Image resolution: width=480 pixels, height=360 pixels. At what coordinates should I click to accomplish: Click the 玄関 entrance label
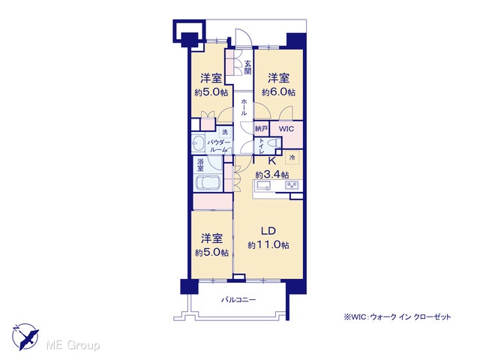point(248,67)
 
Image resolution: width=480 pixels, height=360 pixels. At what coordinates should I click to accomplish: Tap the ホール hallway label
point(244,107)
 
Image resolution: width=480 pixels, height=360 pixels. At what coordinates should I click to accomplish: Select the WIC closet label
point(286,129)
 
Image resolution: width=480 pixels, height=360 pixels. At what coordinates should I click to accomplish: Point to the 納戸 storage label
point(262,129)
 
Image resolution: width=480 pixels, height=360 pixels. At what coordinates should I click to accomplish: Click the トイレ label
point(262,146)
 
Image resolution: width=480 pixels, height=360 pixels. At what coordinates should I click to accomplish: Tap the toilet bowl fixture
point(274,143)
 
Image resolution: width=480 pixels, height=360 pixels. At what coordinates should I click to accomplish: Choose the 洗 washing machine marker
point(225,132)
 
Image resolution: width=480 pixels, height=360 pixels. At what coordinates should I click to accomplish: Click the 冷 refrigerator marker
point(292,158)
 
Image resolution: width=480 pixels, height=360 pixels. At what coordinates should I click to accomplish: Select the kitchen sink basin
point(263,185)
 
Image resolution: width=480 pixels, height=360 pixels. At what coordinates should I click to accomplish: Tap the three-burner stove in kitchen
point(292,185)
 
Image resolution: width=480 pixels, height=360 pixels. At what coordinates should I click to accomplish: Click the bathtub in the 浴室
point(208,183)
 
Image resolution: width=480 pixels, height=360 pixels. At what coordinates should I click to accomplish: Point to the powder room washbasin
point(197,143)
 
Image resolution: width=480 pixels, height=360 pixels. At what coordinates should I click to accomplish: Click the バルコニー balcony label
point(238,299)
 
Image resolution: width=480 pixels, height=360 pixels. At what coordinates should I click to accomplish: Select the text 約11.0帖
point(268,245)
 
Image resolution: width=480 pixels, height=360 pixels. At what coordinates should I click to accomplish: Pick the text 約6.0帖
point(278,91)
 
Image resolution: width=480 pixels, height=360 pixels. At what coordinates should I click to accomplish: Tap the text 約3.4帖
point(272,175)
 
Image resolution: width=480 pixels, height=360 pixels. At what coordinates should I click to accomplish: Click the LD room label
point(268,231)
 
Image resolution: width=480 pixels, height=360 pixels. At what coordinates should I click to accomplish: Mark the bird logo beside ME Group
point(25,337)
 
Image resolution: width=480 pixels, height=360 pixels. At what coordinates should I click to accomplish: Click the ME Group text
point(73,345)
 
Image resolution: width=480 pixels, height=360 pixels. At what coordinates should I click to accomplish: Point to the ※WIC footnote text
point(397,316)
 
